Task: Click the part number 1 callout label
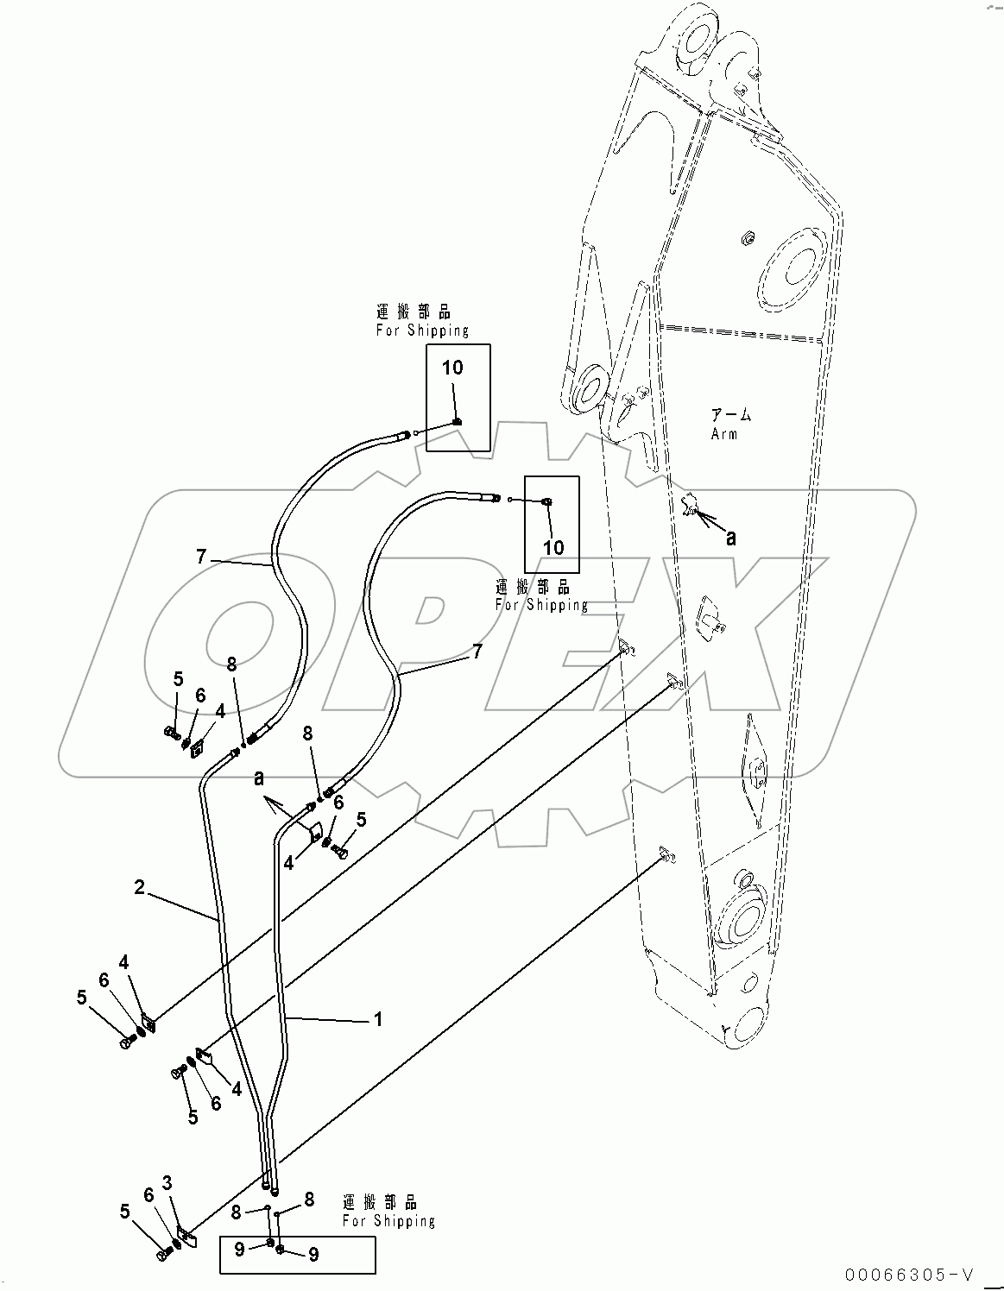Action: pos(377,1019)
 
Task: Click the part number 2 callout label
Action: pos(139,886)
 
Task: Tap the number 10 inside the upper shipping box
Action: pos(452,368)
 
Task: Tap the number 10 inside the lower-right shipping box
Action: pos(553,547)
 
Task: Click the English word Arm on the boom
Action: pos(723,434)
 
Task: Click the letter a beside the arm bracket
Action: pos(731,538)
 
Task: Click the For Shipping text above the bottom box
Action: pos(388,1221)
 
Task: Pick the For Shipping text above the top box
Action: pos(422,331)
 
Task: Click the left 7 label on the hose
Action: pos(200,557)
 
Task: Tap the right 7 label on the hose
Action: pos(476,652)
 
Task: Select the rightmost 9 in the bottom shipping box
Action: pos(313,1255)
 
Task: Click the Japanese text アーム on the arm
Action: pos(730,415)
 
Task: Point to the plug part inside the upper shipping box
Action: pos(458,421)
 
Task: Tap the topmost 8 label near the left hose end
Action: pos(231,664)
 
